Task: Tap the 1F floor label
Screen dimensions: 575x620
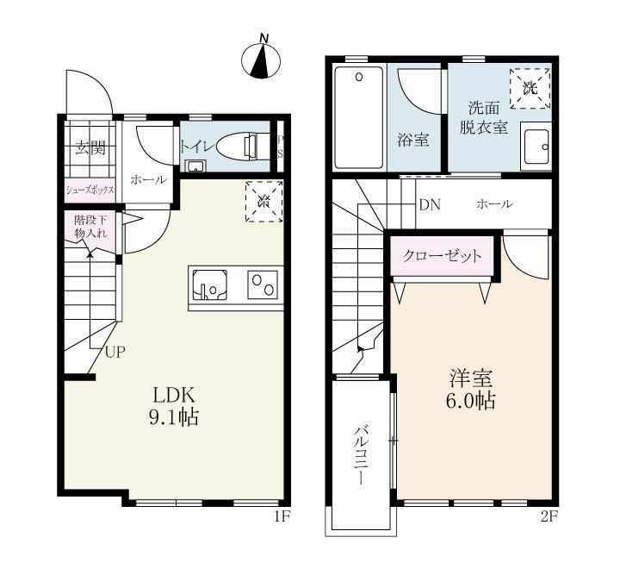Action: click(281, 517)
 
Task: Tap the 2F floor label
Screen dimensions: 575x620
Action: click(549, 517)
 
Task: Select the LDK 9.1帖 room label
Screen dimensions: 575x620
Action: click(176, 406)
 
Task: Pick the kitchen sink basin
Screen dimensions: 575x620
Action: click(209, 283)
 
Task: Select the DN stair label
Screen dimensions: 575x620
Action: click(429, 204)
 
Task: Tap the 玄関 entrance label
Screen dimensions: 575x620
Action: click(90, 148)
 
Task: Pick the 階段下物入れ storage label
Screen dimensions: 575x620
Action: click(90, 227)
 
